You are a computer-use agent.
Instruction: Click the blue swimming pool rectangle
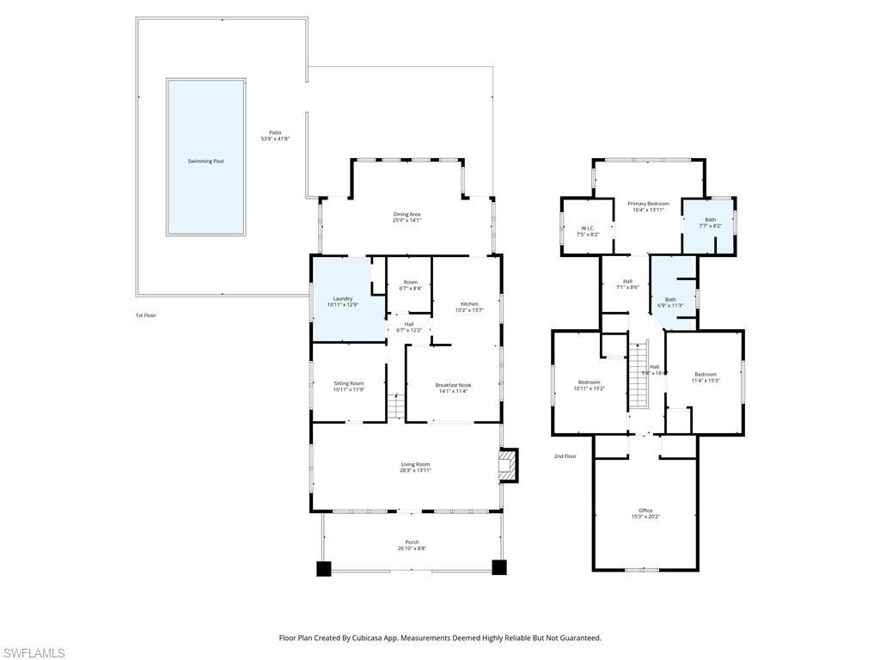point(205,157)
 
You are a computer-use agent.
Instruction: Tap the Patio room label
point(275,135)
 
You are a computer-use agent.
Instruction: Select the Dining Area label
point(406,217)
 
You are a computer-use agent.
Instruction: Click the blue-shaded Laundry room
point(343,302)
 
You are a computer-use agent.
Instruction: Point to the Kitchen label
point(469,307)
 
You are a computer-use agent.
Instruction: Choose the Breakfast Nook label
point(453,388)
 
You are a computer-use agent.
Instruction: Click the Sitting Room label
point(349,386)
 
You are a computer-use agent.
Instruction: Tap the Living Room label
point(414,467)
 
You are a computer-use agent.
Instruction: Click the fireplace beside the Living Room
point(510,465)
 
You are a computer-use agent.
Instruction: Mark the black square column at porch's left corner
point(324,568)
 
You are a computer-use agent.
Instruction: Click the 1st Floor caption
point(145,315)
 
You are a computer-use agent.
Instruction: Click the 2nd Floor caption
point(565,456)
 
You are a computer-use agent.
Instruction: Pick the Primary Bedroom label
point(648,206)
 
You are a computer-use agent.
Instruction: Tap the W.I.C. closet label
point(589,230)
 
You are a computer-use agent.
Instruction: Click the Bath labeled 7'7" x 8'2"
point(710,223)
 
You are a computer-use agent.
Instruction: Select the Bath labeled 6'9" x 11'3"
point(670,302)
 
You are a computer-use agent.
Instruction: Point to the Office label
point(645,513)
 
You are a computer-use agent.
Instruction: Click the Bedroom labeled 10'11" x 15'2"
point(589,384)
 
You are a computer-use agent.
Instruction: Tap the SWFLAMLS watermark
point(34,653)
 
